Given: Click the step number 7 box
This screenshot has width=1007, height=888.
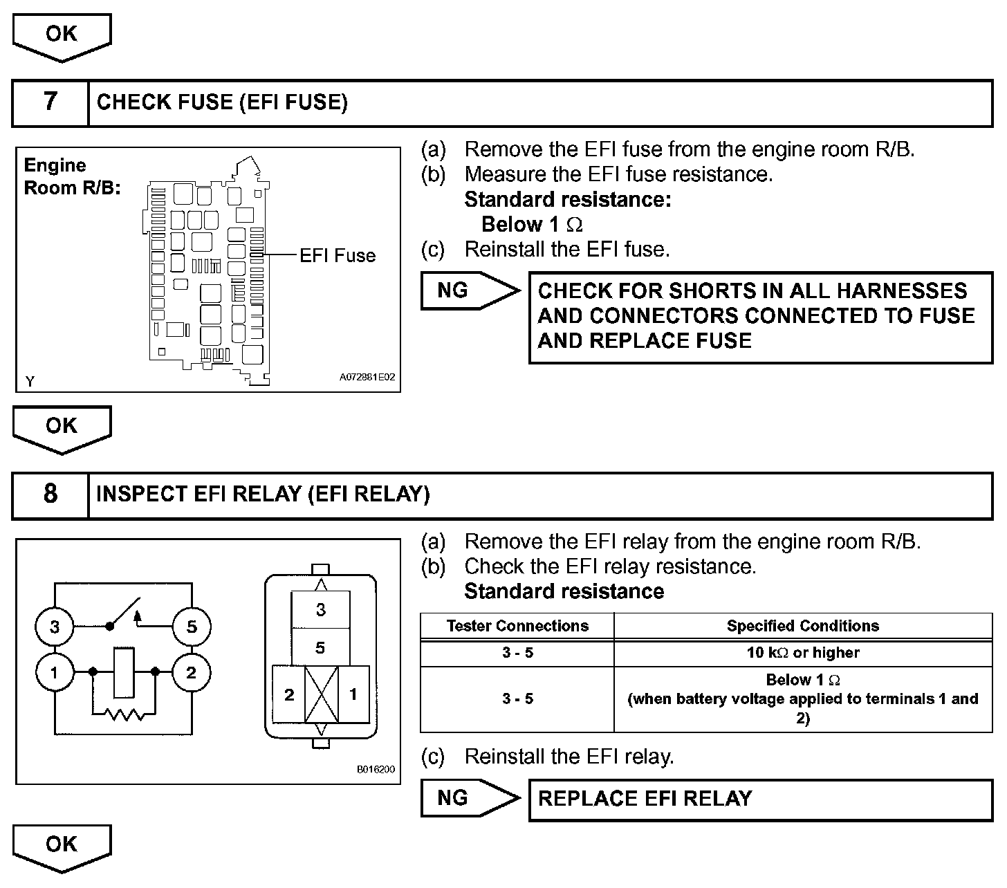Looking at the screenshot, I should pyautogui.click(x=50, y=102).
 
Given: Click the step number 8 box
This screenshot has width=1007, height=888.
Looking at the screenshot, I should pyautogui.click(x=50, y=494).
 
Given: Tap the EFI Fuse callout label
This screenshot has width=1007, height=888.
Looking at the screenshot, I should pyautogui.click(x=337, y=256).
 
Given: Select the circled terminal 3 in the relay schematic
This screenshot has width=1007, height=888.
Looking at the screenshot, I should pyautogui.click(x=55, y=627).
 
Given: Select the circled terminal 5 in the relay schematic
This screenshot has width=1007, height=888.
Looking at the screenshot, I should pyautogui.click(x=192, y=627).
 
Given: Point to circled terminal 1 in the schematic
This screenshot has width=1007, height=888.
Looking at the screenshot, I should pyautogui.click(x=55, y=672).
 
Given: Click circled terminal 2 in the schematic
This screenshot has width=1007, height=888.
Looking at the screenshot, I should pyautogui.click(x=192, y=672).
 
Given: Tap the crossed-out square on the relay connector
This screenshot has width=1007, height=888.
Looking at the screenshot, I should pyautogui.click(x=321, y=694).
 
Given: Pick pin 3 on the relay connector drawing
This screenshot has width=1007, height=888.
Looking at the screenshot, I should pyautogui.click(x=321, y=610).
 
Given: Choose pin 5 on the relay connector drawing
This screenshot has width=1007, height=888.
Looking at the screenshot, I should pyautogui.click(x=321, y=648).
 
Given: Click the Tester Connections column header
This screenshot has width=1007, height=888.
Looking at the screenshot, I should pyautogui.click(x=517, y=627).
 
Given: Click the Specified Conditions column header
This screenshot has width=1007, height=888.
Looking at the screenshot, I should pyautogui.click(x=803, y=627).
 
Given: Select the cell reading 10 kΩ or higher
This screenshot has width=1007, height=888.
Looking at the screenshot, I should pyautogui.click(x=803, y=653).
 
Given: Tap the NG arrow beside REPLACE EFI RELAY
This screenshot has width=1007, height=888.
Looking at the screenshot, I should pyautogui.click(x=469, y=798).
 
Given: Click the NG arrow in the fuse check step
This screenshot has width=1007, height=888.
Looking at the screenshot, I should pyautogui.click(x=469, y=290).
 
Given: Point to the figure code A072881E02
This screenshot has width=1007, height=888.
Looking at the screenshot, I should pyautogui.click(x=367, y=378).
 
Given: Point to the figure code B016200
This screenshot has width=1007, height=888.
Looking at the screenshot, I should pyautogui.click(x=376, y=769).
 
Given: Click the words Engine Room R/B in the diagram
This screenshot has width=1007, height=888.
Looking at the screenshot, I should pyautogui.click(x=71, y=176).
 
